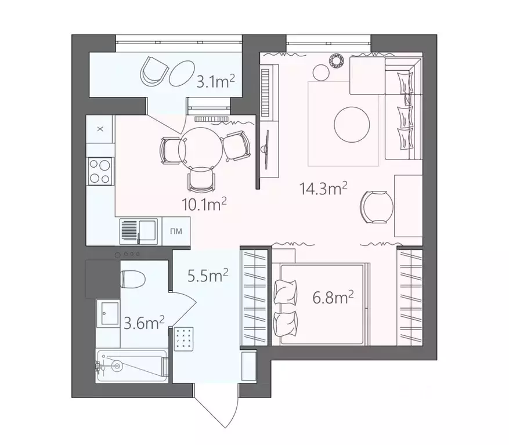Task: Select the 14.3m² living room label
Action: point(323,188)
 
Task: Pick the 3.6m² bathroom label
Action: point(144,322)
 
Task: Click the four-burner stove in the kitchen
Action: point(100,171)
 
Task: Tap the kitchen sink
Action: point(138,231)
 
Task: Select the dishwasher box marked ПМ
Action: point(176,231)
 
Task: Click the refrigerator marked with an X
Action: point(100,129)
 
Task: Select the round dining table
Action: point(200,145)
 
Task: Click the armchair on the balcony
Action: point(153,71)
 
